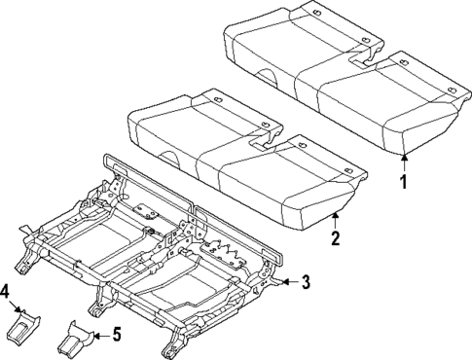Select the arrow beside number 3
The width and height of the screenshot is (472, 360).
285,282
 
